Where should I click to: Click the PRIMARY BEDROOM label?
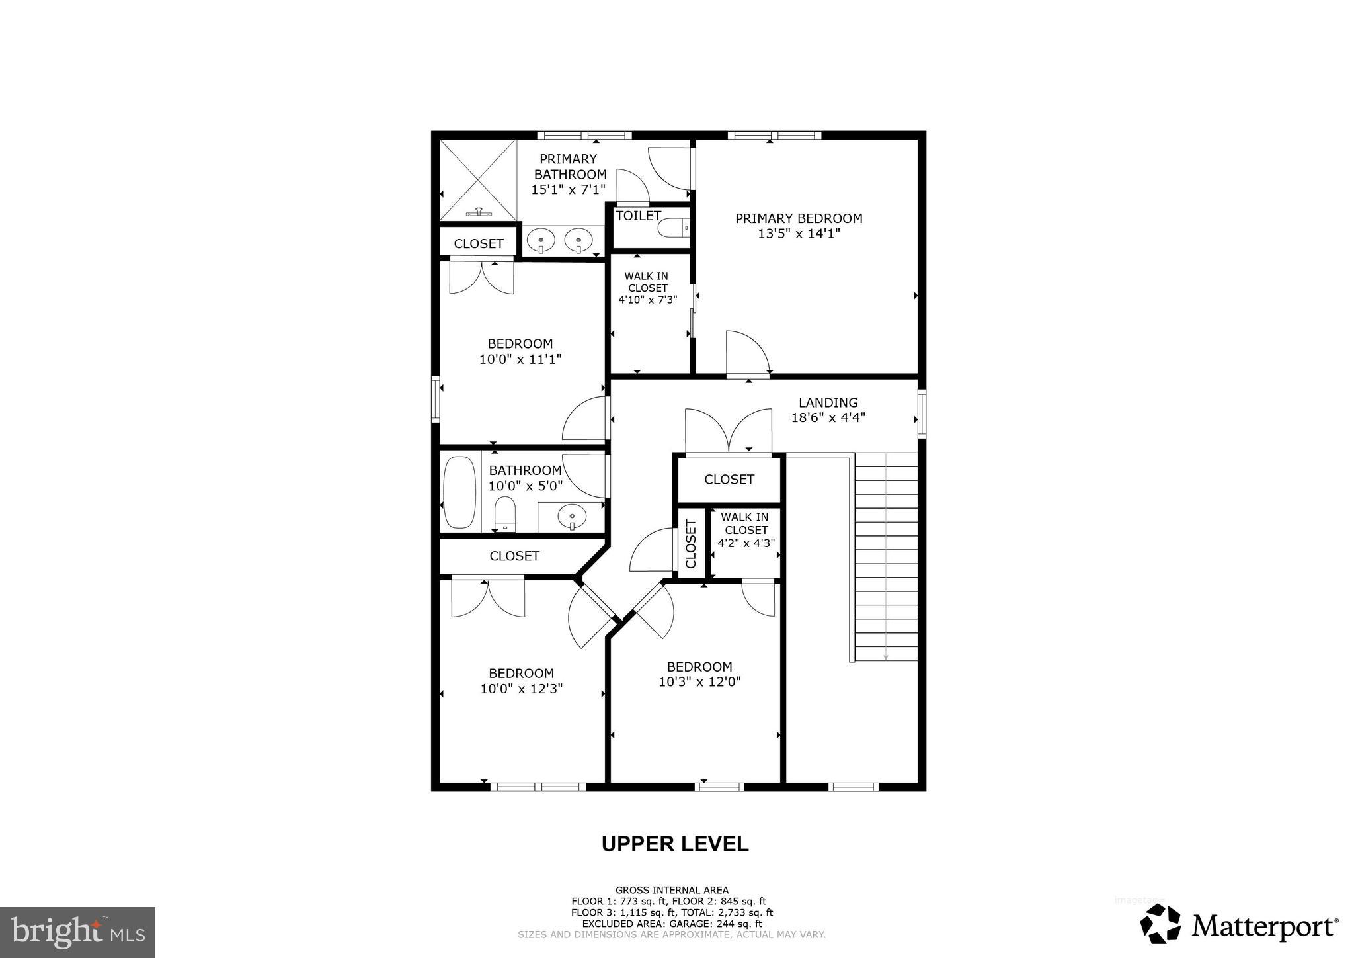(799, 218)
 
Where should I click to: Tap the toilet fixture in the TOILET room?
(674, 228)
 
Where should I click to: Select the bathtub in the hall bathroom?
(459, 492)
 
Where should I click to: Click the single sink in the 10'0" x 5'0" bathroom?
(571, 516)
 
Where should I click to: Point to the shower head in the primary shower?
(479, 212)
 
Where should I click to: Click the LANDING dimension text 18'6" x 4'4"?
(828, 418)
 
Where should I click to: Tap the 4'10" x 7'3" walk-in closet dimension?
(647, 300)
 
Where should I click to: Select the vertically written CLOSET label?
(691, 544)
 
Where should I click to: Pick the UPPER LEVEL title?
(674, 844)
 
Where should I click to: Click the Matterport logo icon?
(1160, 924)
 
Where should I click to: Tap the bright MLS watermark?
(77, 933)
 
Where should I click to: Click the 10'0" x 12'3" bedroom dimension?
(521, 689)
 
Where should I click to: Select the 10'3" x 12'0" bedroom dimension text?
(699, 682)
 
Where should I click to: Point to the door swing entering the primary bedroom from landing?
(747, 353)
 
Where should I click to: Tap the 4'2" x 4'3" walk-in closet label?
(746, 543)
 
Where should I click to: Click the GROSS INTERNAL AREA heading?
(672, 890)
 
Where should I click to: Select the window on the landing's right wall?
(922, 414)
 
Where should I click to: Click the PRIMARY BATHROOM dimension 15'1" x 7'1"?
(569, 190)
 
